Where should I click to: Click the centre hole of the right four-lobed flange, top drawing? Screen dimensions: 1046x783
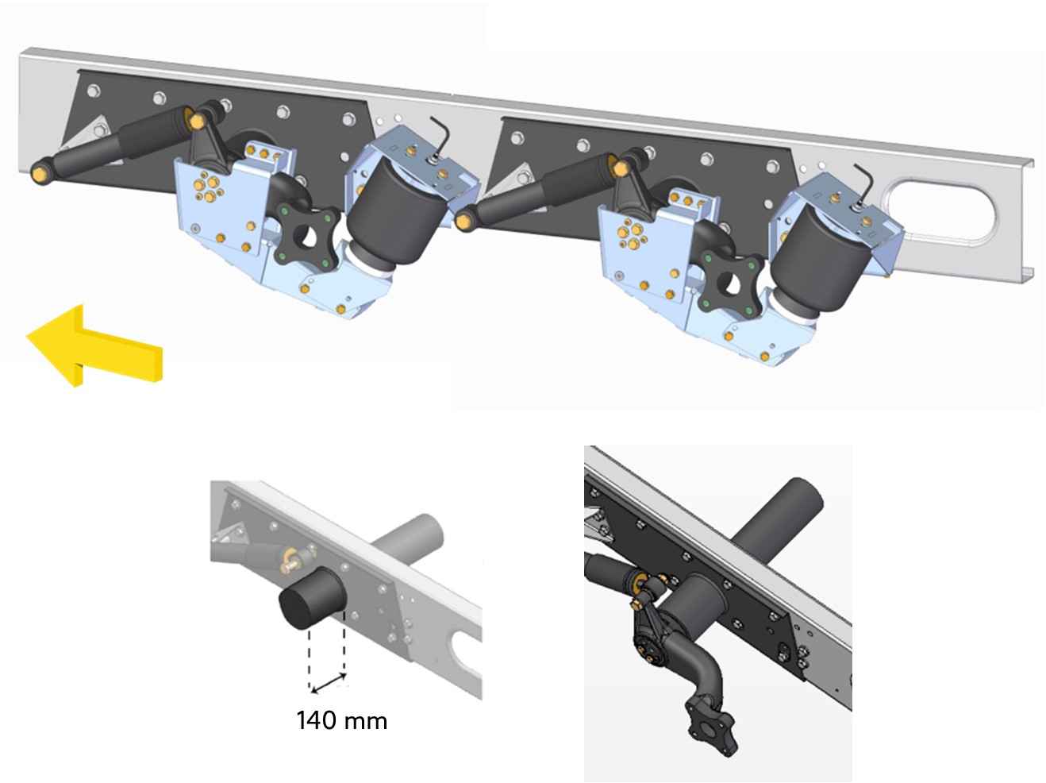point(730,284)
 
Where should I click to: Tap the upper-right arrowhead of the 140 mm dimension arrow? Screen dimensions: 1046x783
point(344,674)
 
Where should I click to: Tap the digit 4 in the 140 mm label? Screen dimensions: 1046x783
point(316,720)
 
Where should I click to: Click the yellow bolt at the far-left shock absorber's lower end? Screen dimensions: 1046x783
point(39,174)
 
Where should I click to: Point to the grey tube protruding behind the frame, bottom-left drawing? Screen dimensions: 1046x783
point(409,536)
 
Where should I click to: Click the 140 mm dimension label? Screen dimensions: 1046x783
point(342,720)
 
